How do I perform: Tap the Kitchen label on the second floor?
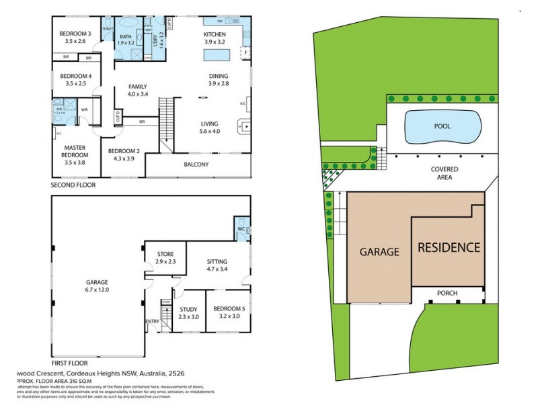[215, 34]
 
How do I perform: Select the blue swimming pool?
[443, 126]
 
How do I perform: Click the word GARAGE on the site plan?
[379, 252]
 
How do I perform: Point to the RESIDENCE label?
[449, 247]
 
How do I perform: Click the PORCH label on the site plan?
[447, 293]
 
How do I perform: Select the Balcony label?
[196, 165]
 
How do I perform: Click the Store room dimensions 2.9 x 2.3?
[165, 261]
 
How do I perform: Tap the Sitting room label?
[217, 261]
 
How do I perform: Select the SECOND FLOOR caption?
[73, 184]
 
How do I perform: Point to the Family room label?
[138, 86]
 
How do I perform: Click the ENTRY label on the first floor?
[152, 321]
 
